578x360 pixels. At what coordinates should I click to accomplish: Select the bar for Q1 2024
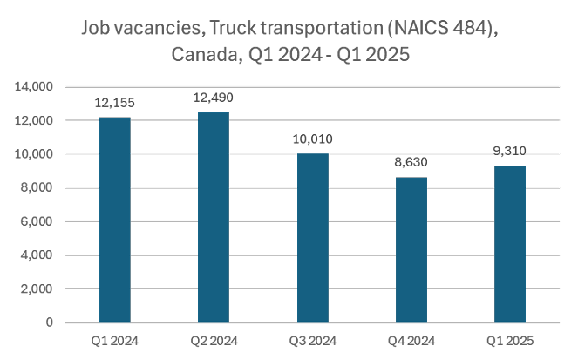tap(116, 220)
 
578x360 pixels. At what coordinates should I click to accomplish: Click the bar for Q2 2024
tap(214, 217)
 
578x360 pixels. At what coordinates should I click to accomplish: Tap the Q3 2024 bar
tap(312, 238)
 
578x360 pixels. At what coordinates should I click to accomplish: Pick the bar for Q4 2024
tap(411, 250)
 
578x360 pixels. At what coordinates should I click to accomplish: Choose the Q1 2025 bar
tap(509, 244)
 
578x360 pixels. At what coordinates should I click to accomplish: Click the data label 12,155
tap(116, 103)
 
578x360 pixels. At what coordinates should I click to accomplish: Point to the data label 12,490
tap(214, 97)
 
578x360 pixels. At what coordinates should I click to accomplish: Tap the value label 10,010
tap(312, 139)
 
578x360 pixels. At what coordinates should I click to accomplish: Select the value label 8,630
tap(411, 162)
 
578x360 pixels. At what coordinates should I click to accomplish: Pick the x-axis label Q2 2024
tap(214, 339)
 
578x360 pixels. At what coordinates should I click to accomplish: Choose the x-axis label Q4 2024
tap(411, 339)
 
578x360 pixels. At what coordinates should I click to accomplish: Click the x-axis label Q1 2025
tap(509, 339)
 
